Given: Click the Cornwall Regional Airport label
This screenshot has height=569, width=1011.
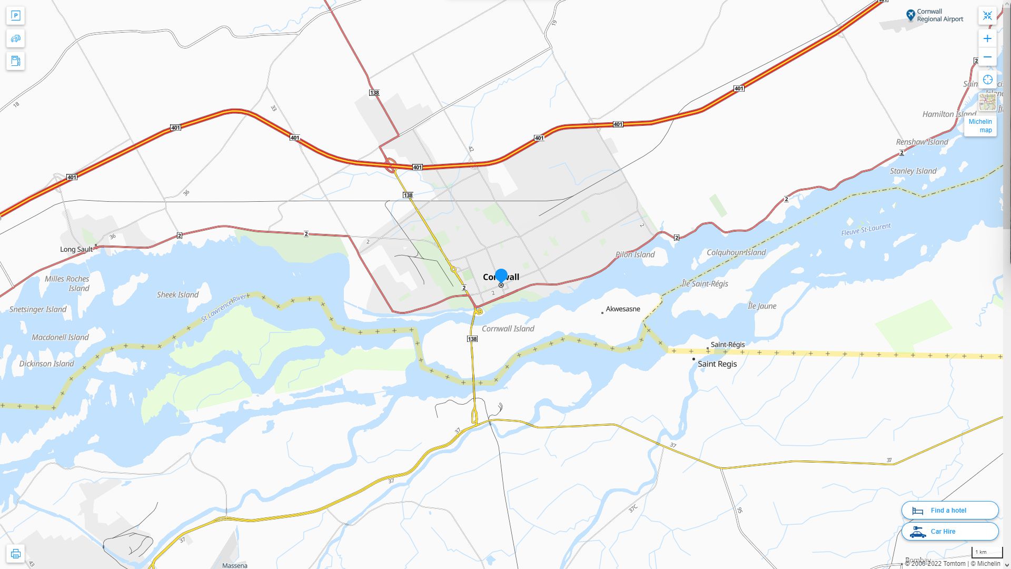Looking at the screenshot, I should coord(939,15).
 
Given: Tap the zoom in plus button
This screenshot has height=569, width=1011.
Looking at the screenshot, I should coord(987,38).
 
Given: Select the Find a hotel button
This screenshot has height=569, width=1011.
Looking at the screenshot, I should coord(949,510).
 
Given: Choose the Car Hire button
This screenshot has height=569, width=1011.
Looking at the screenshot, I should coord(949,531).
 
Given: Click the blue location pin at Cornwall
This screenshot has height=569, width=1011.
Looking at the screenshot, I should coord(501,276).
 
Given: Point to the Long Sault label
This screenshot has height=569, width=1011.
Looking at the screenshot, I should coord(76,249).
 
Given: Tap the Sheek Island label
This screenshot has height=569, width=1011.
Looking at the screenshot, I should coord(177,295).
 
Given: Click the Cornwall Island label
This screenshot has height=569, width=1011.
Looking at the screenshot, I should coord(508,328).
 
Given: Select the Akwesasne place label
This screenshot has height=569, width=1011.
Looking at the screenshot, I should coord(622,309).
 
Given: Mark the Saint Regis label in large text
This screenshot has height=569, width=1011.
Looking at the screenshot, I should coord(717,364).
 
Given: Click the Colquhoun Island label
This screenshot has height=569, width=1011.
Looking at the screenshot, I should coord(736,252).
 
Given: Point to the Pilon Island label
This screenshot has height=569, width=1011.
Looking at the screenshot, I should coord(635,254).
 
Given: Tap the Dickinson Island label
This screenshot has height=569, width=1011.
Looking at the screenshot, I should coord(46,364).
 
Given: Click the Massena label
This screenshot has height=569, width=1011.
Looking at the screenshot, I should coord(234,565).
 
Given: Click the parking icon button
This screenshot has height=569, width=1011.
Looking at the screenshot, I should coord(15,16).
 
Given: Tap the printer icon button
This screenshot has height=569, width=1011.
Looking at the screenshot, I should coord(15,553).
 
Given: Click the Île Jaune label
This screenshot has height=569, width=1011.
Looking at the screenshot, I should coord(762,306).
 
